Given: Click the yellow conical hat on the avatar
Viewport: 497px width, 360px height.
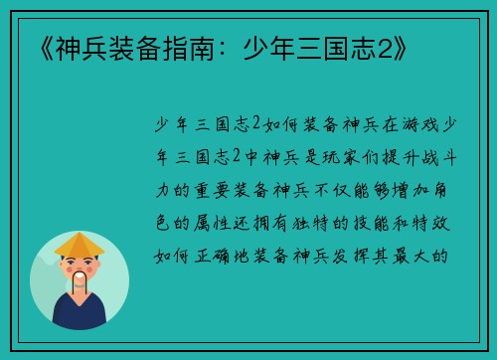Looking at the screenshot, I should tap(80, 245).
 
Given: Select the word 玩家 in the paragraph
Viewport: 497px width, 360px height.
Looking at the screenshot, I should tap(336, 155).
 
